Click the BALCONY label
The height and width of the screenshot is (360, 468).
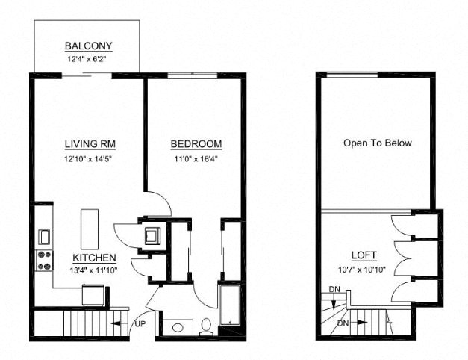pos(87,45)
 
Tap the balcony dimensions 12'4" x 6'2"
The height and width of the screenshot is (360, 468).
pos(87,58)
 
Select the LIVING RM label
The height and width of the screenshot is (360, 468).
pos(89,144)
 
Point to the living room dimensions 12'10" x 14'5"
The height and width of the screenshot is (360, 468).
pos(89,158)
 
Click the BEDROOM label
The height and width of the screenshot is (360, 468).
pos(196,144)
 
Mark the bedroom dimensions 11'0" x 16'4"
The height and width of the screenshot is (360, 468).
pos(196,158)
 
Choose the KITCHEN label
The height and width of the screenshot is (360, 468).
pos(94,258)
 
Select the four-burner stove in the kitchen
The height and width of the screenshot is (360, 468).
pos(44,261)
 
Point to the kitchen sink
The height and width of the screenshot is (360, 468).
pos(43,237)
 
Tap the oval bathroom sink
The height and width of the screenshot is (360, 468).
pos(178,327)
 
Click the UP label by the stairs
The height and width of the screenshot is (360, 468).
pos(139,324)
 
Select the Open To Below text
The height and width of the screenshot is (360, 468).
pos(377,143)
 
